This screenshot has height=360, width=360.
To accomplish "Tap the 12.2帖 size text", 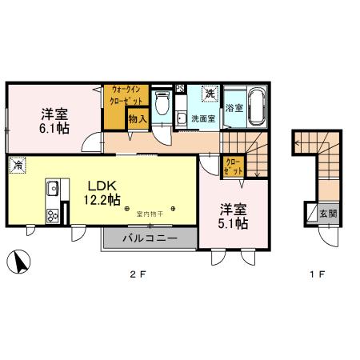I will coord(103,200).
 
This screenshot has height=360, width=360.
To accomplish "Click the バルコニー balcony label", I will coord(150,238).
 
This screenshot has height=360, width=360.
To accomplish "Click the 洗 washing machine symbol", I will coord(210,94).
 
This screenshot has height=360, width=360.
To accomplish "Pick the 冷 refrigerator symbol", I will coord(16,166).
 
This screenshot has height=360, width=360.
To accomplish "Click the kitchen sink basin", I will coord(53,190).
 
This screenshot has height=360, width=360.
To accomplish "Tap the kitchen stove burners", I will coord(53,214).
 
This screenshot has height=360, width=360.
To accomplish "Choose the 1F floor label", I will coord(317,276).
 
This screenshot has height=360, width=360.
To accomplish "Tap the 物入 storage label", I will coord(138,119).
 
